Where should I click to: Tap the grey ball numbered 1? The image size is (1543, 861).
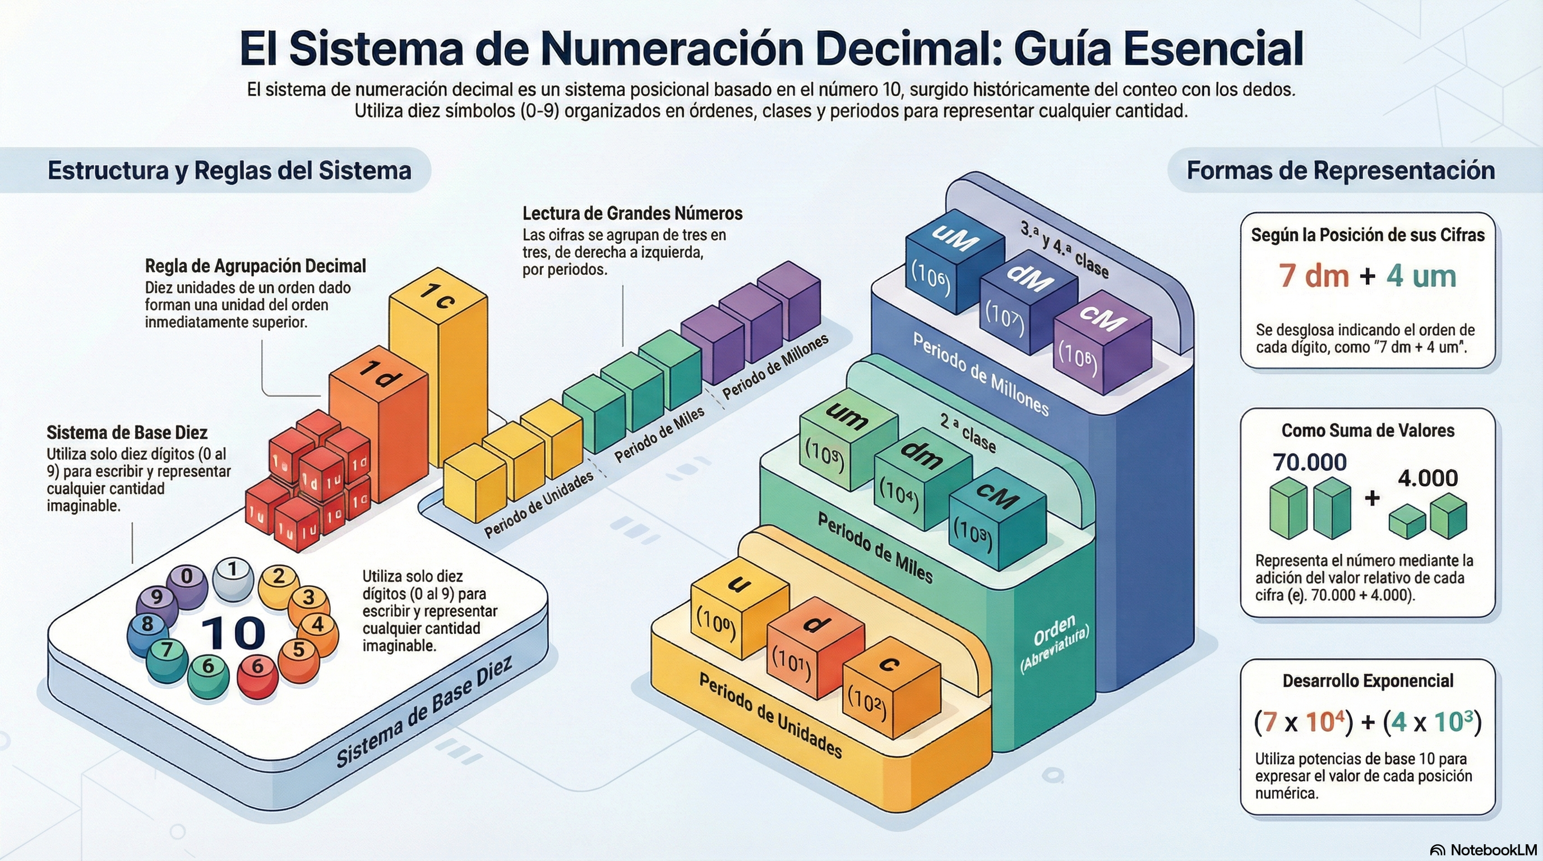point(233,578)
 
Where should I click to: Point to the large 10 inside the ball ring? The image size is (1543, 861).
point(233,633)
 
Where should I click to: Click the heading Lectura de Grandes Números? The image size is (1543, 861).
point(632,213)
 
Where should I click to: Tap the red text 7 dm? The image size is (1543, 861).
point(1314,276)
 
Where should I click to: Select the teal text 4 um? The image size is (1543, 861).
point(1421,276)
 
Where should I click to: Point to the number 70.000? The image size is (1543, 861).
point(1309,462)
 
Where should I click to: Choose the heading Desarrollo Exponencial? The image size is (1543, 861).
point(1368,681)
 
